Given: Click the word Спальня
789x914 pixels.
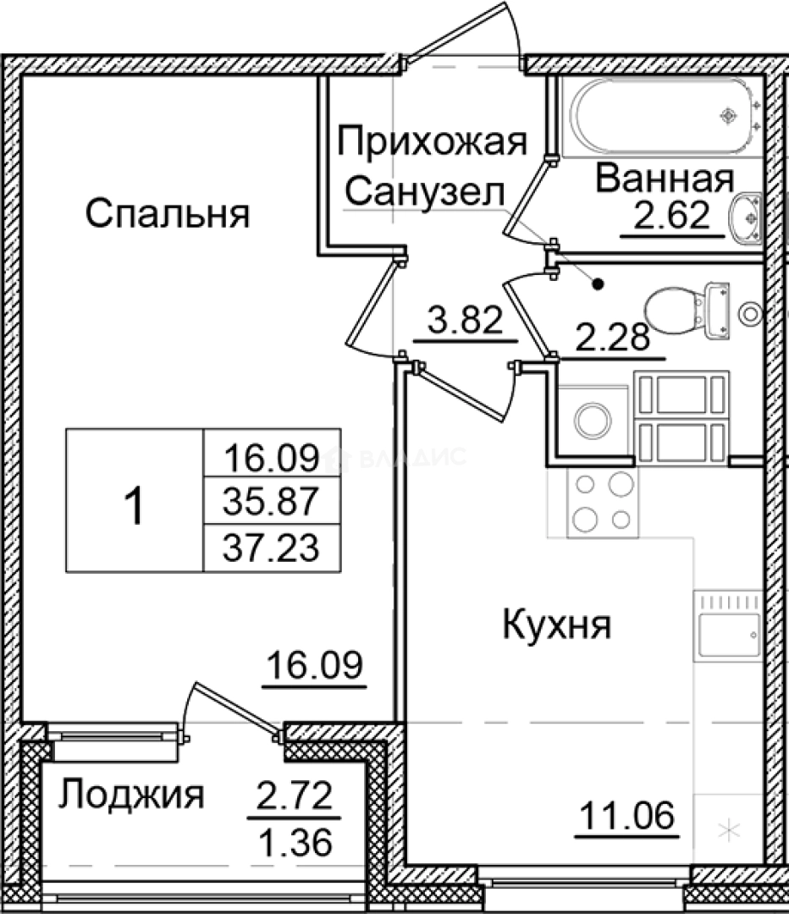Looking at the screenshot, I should [168, 213].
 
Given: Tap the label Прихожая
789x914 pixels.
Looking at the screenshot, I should [432, 141].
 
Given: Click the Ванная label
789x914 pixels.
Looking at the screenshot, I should [664, 179].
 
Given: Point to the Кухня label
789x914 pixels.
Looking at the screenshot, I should [557, 626].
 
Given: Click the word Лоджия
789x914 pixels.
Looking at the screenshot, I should [133, 795].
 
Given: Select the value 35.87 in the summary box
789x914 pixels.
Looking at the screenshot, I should [270, 504].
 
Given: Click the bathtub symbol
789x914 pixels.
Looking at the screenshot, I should [660, 117].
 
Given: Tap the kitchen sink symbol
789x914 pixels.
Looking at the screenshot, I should [728, 627].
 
